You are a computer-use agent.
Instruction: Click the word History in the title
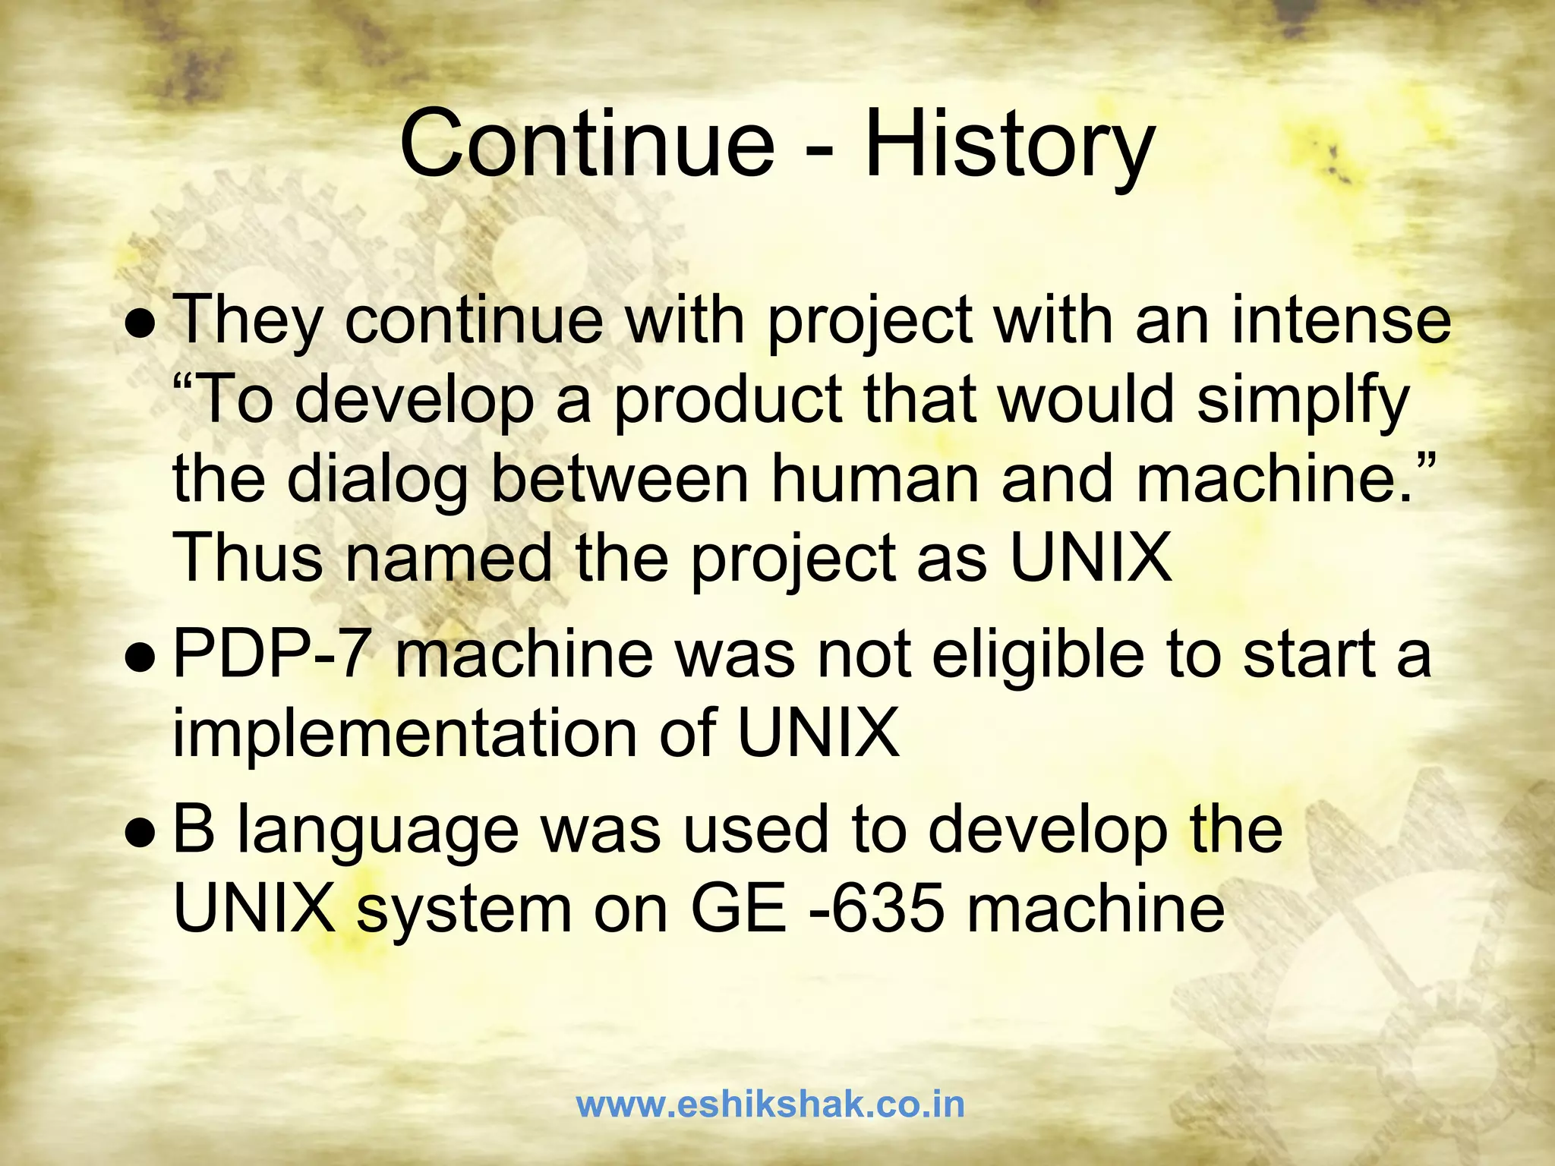point(1009,144)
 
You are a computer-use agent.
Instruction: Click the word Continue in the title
point(586,144)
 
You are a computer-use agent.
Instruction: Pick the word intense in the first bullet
point(1341,320)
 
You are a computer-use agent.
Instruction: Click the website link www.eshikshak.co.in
point(770,1105)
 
